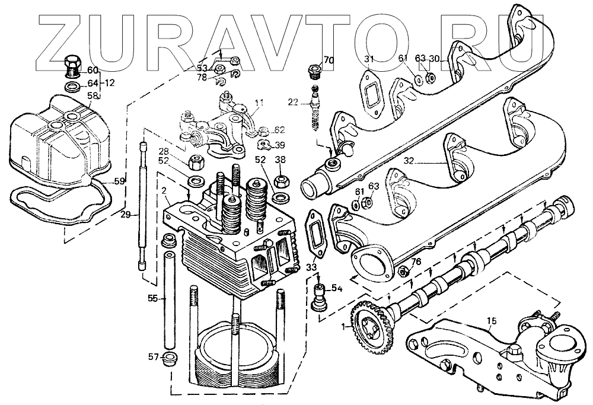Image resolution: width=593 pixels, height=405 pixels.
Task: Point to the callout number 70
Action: (x=329, y=60)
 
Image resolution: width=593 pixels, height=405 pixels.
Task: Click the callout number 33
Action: (x=312, y=268)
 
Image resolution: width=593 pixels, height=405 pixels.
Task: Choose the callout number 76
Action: (x=416, y=261)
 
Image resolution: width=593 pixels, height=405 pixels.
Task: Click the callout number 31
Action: (x=369, y=59)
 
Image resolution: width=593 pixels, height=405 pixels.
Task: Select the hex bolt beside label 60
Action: (x=72, y=65)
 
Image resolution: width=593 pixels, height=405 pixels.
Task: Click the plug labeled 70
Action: (x=314, y=72)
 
